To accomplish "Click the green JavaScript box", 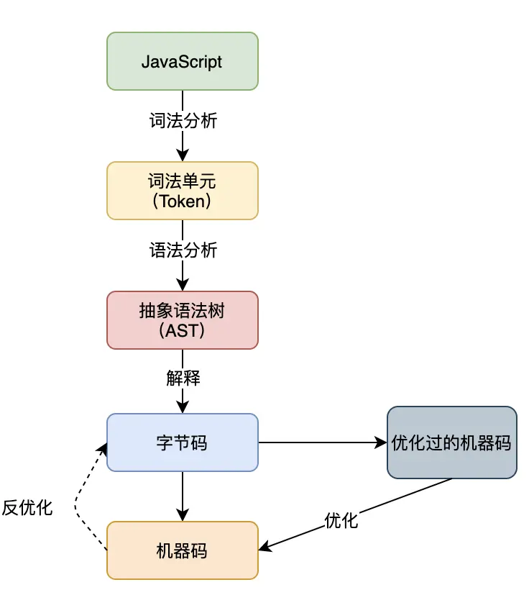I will pos(182,61).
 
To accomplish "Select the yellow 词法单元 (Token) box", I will pos(182,191).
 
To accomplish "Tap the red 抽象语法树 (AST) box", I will pos(182,320).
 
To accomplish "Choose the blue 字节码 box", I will pos(182,442).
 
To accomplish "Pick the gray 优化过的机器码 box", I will pos(451,442).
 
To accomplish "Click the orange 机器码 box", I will pos(182,550).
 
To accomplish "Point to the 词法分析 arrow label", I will pos(183,121).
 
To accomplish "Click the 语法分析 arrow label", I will pos(183,250).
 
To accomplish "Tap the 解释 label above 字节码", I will pos(183,378).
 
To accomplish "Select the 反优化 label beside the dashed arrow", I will pos(27,507).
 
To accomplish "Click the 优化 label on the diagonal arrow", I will pos(341,520).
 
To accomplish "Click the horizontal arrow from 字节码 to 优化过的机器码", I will pos(320,442).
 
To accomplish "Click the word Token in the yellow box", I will pos(182,201).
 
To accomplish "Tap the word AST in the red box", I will pos(182,331).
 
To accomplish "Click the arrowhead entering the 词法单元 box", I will pos(182,155).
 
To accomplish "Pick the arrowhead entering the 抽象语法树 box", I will pos(182,285).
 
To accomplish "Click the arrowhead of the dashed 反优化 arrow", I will pos(103,449).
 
